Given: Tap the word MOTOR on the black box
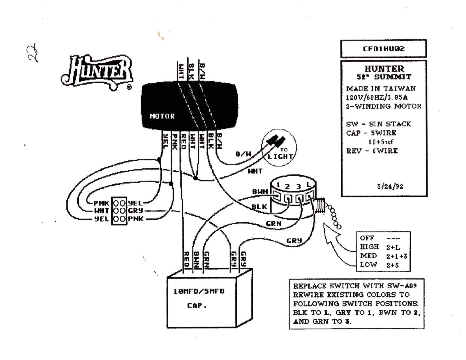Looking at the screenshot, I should click(162, 116).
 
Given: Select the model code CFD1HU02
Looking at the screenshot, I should click(384, 49).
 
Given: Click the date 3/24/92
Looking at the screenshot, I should click(390, 186).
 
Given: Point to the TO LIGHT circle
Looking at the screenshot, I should click(279, 148).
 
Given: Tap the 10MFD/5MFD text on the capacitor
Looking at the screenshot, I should click(199, 291).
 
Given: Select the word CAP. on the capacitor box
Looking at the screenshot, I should click(197, 306).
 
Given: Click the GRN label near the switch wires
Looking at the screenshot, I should click(273, 224).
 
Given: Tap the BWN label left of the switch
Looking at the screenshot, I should click(260, 192).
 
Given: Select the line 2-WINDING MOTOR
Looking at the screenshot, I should click(384, 106).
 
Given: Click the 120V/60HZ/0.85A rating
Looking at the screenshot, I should click(377, 97).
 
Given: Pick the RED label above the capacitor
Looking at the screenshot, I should click(187, 259).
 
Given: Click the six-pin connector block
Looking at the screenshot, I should click(119, 211).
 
